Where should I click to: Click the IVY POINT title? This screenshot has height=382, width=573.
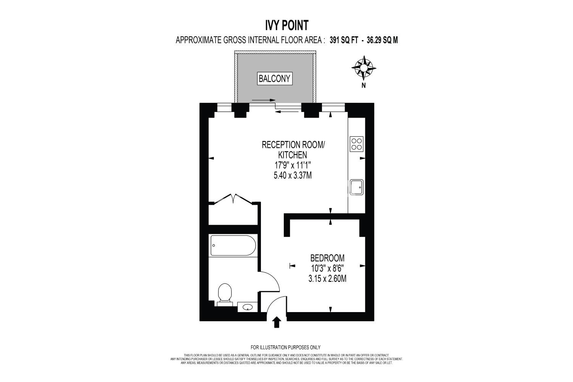pos(286,25)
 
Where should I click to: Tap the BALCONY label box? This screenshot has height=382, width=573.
pos(275,79)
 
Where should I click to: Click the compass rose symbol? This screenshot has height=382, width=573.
pos(364,68)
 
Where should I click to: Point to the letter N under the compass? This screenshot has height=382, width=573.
pos(364,86)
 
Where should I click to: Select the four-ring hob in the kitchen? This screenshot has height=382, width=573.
pos(356,144)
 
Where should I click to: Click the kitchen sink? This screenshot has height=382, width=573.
pos(356,187)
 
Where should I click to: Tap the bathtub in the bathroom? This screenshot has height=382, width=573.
pos(233,245)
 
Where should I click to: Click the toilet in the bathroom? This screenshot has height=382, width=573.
pos(225,295)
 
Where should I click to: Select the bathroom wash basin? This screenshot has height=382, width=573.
pos(248,307)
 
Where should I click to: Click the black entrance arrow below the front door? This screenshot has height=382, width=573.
pos(277,322)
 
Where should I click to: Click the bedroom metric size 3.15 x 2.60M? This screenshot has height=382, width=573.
pos(327,278)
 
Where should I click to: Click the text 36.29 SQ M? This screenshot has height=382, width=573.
pos(382,40)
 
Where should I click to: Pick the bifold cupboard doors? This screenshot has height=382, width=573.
pos(233,199)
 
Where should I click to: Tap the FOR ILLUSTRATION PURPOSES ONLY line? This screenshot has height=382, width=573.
pos(285,348)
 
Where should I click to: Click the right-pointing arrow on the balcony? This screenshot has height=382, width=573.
pos(264,100)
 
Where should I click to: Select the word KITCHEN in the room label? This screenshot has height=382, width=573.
pos(293,155)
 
